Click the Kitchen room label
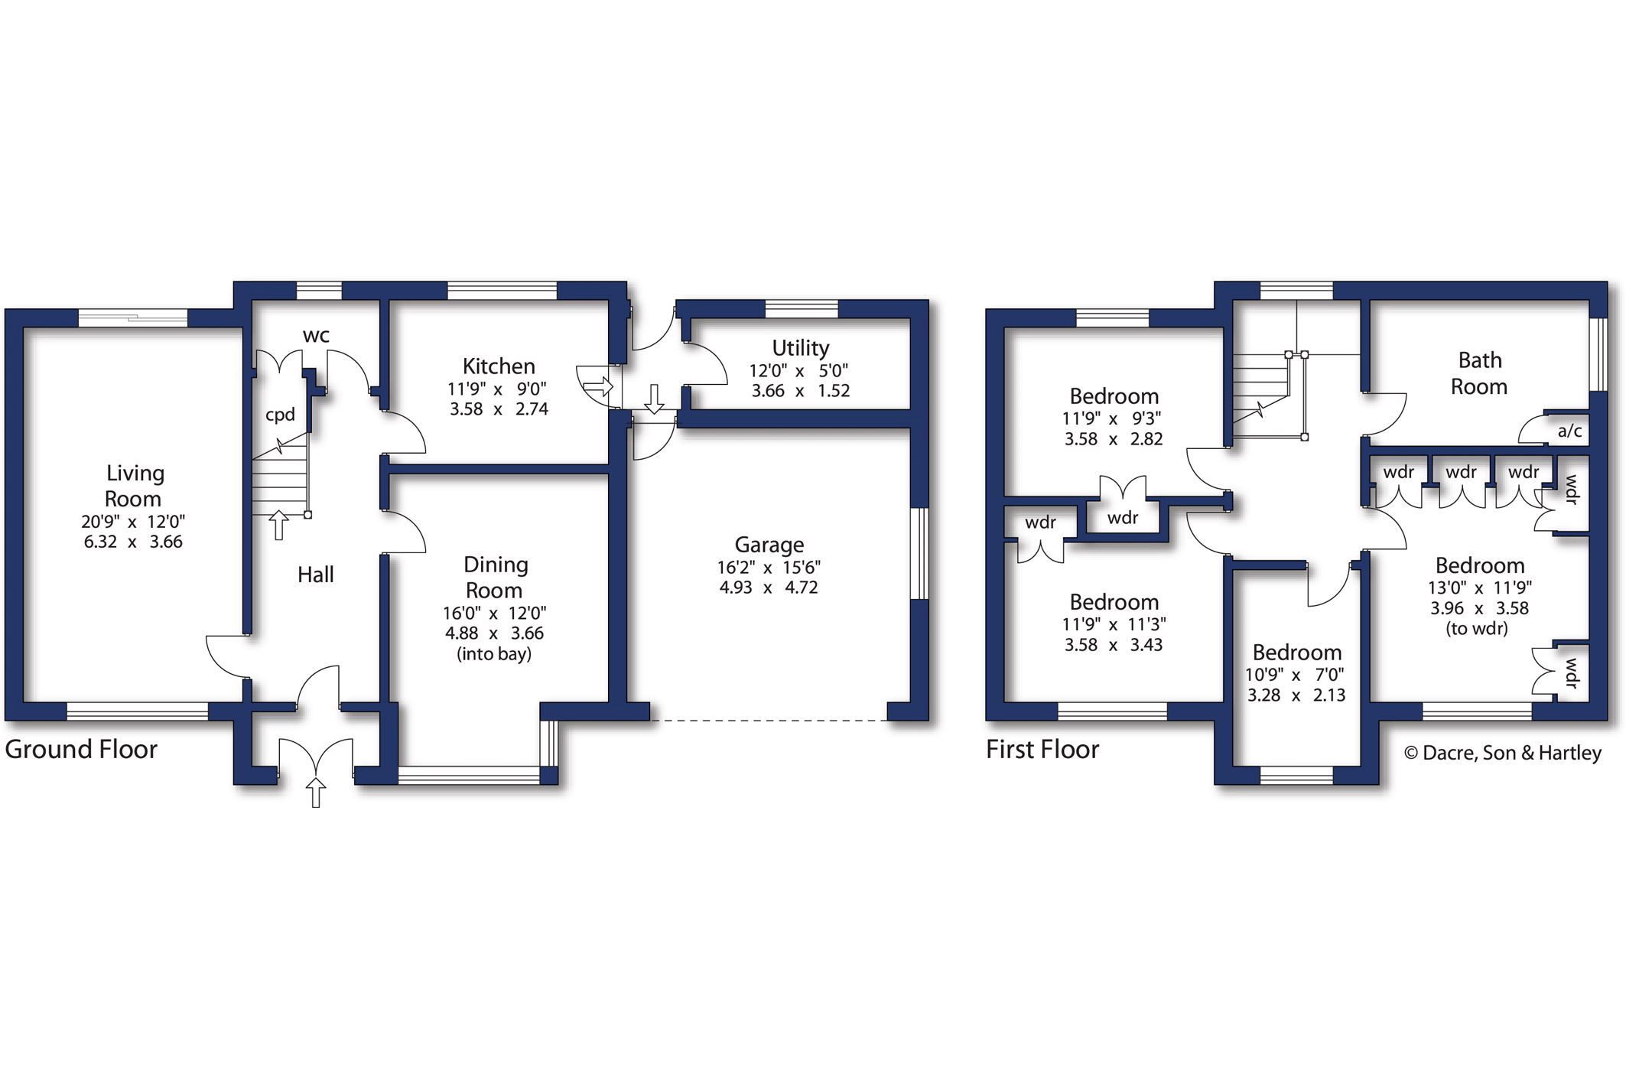pyautogui.click(x=499, y=366)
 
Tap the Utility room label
pyautogui.click(x=800, y=348)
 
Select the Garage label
pyautogui.click(x=769, y=545)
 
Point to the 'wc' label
pyautogui.click(x=316, y=336)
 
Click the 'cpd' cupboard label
pyautogui.click(x=280, y=415)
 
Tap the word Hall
pyautogui.click(x=315, y=575)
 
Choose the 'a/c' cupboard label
pyautogui.click(x=1569, y=431)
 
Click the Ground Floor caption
pyautogui.click(x=81, y=749)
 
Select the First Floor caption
pyautogui.click(x=1042, y=749)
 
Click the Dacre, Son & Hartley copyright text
pyautogui.click(x=1503, y=753)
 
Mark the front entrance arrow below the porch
pyautogui.click(x=316, y=793)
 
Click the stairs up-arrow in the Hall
pyautogui.click(x=279, y=525)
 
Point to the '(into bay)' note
pyautogui.click(x=494, y=654)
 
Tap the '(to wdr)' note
pyautogui.click(x=1477, y=629)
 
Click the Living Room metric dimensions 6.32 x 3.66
pyautogui.click(x=133, y=542)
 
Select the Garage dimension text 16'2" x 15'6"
pyautogui.click(x=769, y=568)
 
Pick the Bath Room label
pyautogui.click(x=1480, y=373)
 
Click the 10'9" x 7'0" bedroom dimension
pyautogui.click(x=1295, y=675)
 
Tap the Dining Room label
pyautogui.click(x=495, y=578)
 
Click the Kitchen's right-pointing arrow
pyautogui.click(x=598, y=386)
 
